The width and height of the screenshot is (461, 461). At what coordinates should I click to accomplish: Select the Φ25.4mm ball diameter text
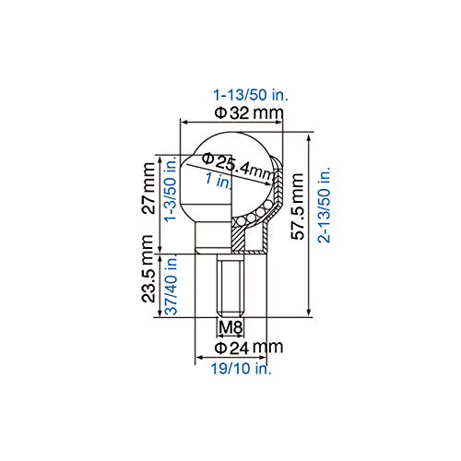click(x=236, y=165)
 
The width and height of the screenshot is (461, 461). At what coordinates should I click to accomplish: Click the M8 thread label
click(x=230, y=326)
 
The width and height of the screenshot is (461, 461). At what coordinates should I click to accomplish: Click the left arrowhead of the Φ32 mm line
click(x=183, y=121)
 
